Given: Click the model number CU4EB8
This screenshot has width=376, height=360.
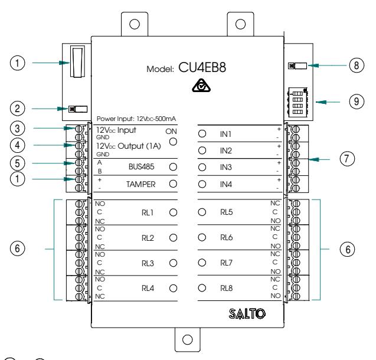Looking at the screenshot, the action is tap(202, 67).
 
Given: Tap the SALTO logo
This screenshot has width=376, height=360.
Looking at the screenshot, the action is tap(247, 314).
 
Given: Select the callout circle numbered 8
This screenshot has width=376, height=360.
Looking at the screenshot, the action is tap(357, 65).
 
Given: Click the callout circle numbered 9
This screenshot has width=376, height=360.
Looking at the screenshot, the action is tap(357, 102).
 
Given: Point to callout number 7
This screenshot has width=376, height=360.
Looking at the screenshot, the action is tap(347, 159).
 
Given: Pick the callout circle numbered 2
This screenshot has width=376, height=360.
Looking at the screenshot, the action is tap(17, 109).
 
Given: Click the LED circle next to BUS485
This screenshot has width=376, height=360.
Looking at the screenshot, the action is tap(173, 167).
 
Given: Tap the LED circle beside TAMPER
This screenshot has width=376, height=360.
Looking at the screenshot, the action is tap(173, 184).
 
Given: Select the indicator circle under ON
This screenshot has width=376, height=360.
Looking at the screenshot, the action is tap(173, 142).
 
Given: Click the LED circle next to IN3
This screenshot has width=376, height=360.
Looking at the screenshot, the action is tap(202, 167).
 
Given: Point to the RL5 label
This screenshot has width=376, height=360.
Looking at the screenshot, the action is tap(227, 212).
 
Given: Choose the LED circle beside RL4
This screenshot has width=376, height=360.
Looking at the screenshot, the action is tap(173, 288).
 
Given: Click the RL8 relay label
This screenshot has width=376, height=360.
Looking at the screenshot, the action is tap(227, 288).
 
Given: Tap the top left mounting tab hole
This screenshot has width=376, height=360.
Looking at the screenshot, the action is tap(135, 24).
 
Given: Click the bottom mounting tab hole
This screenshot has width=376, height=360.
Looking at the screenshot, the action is tap(187, 339).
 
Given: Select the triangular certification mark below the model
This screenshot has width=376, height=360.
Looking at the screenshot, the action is tap(201, 86).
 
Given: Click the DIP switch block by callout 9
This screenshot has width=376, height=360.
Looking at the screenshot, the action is tap(297, 102).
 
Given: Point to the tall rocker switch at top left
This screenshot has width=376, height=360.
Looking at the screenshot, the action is tap(77, 61).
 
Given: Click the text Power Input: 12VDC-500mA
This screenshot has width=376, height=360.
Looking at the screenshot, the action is tap(136, 119).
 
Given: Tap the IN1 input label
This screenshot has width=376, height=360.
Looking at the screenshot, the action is tap(225, 134).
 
